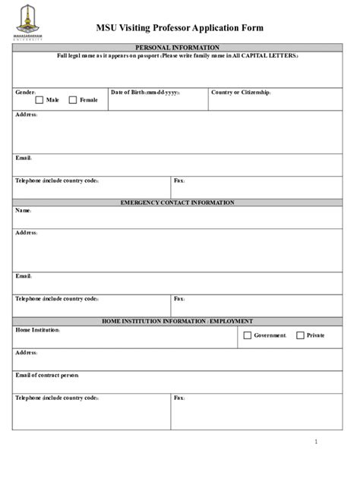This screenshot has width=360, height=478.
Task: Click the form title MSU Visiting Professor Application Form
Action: tap(179, 28)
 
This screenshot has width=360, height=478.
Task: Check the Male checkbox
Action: tap(39, 99)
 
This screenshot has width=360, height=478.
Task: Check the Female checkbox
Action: tap(73, 99)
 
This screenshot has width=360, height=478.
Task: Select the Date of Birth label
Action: tap(145, 92)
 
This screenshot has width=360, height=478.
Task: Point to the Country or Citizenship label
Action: tap(241, 92)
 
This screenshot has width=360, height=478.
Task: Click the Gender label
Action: tap(26, 92)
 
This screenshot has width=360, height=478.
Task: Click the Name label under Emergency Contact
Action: tap(24, 210)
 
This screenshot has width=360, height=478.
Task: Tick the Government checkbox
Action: tap(247, 335)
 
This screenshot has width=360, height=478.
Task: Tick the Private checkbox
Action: tap(300, 335)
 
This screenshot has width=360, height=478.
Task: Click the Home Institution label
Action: tap(37, 330)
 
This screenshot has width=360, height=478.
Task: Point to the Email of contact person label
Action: tap(47, 376)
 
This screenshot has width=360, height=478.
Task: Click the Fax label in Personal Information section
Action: tap(179, 181)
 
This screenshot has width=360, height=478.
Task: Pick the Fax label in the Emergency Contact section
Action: tap(179, 299)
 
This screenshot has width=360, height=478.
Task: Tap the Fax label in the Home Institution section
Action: tap(179, 398)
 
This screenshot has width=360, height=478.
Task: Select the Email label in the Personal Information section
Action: tap(24, 158)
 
